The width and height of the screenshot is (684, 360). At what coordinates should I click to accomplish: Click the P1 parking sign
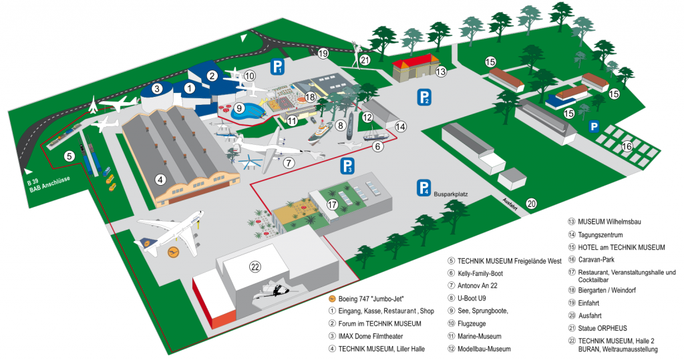tap(277, 66)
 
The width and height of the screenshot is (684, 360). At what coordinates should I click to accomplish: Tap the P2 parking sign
tap(423, 97)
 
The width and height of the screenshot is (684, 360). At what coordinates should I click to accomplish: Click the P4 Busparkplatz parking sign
tap(423, 188)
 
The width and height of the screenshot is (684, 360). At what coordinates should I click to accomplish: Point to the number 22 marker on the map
tap(255, 267)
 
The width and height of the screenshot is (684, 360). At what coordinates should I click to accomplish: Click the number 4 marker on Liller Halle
tap(160, 178)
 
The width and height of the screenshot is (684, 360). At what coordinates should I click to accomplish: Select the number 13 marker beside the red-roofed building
tap(440, 71)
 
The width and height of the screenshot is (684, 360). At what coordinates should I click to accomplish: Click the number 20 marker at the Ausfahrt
tap(532, 204)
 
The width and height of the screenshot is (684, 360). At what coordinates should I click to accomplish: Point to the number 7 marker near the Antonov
tap(289, 162)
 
